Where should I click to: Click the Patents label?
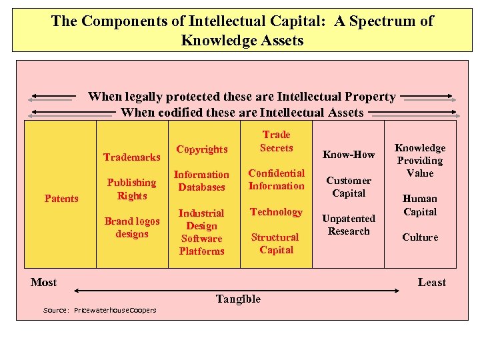61,198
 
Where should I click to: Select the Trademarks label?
131,157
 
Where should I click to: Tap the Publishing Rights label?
132,189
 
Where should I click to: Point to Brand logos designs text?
132,227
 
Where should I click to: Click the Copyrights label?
201,149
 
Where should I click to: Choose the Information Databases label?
201,181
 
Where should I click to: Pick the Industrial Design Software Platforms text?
201,232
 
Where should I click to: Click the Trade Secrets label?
276,141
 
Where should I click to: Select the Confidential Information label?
276,179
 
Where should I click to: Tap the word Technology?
276,212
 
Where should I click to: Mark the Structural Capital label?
276,243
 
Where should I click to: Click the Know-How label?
349,155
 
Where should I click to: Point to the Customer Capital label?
349,187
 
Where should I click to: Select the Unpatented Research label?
349,225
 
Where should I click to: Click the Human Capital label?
420,205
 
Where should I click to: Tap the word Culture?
420,237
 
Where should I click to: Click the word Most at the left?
44,282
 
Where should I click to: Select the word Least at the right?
431,282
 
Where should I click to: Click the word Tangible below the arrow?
238,299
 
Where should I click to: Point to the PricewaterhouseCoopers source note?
100,311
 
